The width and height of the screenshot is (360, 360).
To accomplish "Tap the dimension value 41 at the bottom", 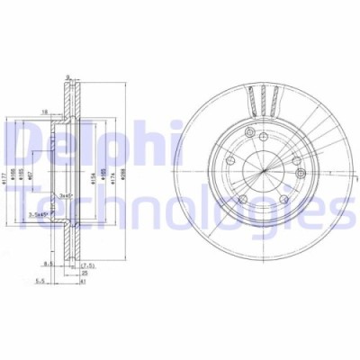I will click(x=82, y=282).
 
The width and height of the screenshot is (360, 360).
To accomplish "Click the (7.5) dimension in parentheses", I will click(x=88, y=266).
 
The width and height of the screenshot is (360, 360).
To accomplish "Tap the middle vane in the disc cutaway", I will click(x=263, y=97).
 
